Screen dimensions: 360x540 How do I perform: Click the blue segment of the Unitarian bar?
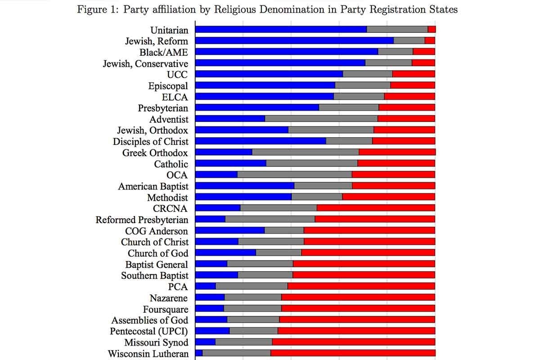click(281, 30)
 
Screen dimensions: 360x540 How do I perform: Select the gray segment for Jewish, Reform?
click(409, 40)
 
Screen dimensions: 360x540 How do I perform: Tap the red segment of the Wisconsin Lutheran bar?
click(353, 354)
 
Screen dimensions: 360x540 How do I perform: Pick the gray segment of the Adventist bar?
click(321, 119)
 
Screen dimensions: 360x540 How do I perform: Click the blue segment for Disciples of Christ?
click(261, 141)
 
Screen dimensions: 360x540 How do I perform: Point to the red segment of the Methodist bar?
click(389, 198)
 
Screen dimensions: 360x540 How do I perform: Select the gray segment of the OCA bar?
click(294, 175)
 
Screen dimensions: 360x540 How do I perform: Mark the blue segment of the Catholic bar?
click(231, 164)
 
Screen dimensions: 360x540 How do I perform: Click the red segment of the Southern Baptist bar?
click(364, 275)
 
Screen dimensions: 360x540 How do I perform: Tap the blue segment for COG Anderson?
click(230, 231)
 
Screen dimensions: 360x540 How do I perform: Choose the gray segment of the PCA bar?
click(252, 287)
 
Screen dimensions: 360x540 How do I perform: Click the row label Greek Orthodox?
click(155, 153)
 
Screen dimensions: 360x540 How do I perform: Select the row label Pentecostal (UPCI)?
click(149, 332)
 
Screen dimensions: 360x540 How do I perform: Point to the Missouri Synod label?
click(157, 342)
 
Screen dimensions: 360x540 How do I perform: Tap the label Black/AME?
click(164, 52)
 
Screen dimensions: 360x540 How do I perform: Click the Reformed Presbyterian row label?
click(142, 220)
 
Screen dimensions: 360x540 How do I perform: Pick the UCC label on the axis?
click(177, 75)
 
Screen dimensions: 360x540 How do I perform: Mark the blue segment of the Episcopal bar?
click(265, 85)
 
